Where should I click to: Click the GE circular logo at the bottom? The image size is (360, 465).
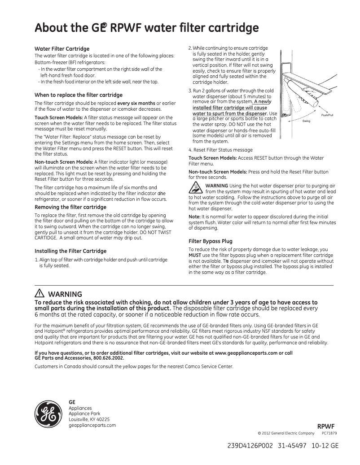[x=48, y=413]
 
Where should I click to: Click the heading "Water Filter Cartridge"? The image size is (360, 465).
[x=62, y=48]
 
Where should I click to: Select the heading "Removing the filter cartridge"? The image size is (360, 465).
[x=70, y=207]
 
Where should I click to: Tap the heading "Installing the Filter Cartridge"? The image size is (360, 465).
[x=70, y=251]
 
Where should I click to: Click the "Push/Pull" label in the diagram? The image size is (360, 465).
[x=327, y=115]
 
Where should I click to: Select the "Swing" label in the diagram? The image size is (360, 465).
[x=306, y=122]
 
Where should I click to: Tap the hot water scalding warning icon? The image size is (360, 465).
[x=196, y=189]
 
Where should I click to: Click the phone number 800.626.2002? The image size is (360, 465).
[x=106, y=358]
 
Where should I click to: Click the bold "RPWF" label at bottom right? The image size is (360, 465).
[x=326, y=426]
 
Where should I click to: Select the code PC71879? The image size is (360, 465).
[x=329, y=433]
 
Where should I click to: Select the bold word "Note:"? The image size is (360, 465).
[x=194, y=217]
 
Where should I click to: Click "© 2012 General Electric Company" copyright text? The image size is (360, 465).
[x=286, y=433]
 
